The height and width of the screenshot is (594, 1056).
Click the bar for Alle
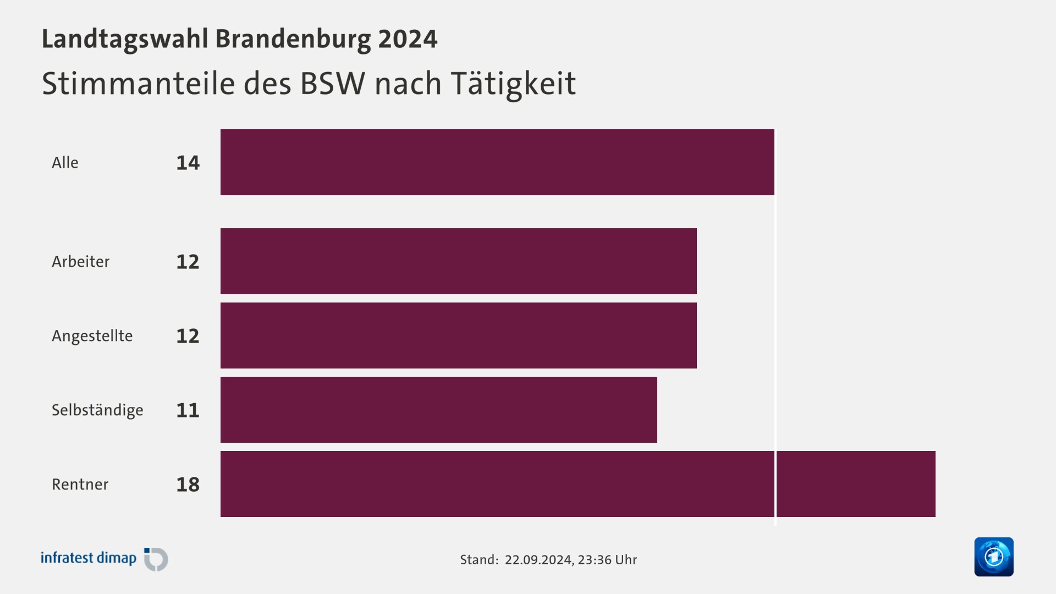(497, 162)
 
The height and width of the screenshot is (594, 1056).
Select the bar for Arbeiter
(458, 261)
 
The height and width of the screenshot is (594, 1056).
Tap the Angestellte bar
(458, 335)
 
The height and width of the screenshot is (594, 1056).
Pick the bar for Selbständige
(438, 410)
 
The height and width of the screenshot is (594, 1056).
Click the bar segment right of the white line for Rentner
(856, 484)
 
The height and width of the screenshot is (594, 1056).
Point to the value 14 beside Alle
(188, 163)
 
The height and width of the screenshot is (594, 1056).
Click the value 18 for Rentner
(188, 485)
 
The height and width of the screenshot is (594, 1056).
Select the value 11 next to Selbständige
(188, 410)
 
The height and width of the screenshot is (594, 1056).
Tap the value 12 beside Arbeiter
(188, 262)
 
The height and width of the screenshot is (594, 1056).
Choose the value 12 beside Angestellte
(188, 336)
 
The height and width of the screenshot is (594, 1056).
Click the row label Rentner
(80, 485)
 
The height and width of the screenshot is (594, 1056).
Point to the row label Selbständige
(97, 410)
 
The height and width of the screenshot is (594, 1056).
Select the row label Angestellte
(92, 336)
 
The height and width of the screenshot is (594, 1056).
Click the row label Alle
(65, 163)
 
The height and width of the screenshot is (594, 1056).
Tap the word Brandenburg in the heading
(293, 39)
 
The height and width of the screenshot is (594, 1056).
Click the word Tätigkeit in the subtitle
(513, 84)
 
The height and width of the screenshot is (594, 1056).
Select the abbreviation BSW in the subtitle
(332, 84)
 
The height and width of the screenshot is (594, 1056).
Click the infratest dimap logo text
(88, 558)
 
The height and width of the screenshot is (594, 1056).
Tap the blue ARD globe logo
(993, 557)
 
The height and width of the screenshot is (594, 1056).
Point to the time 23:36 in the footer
(594, 560)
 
